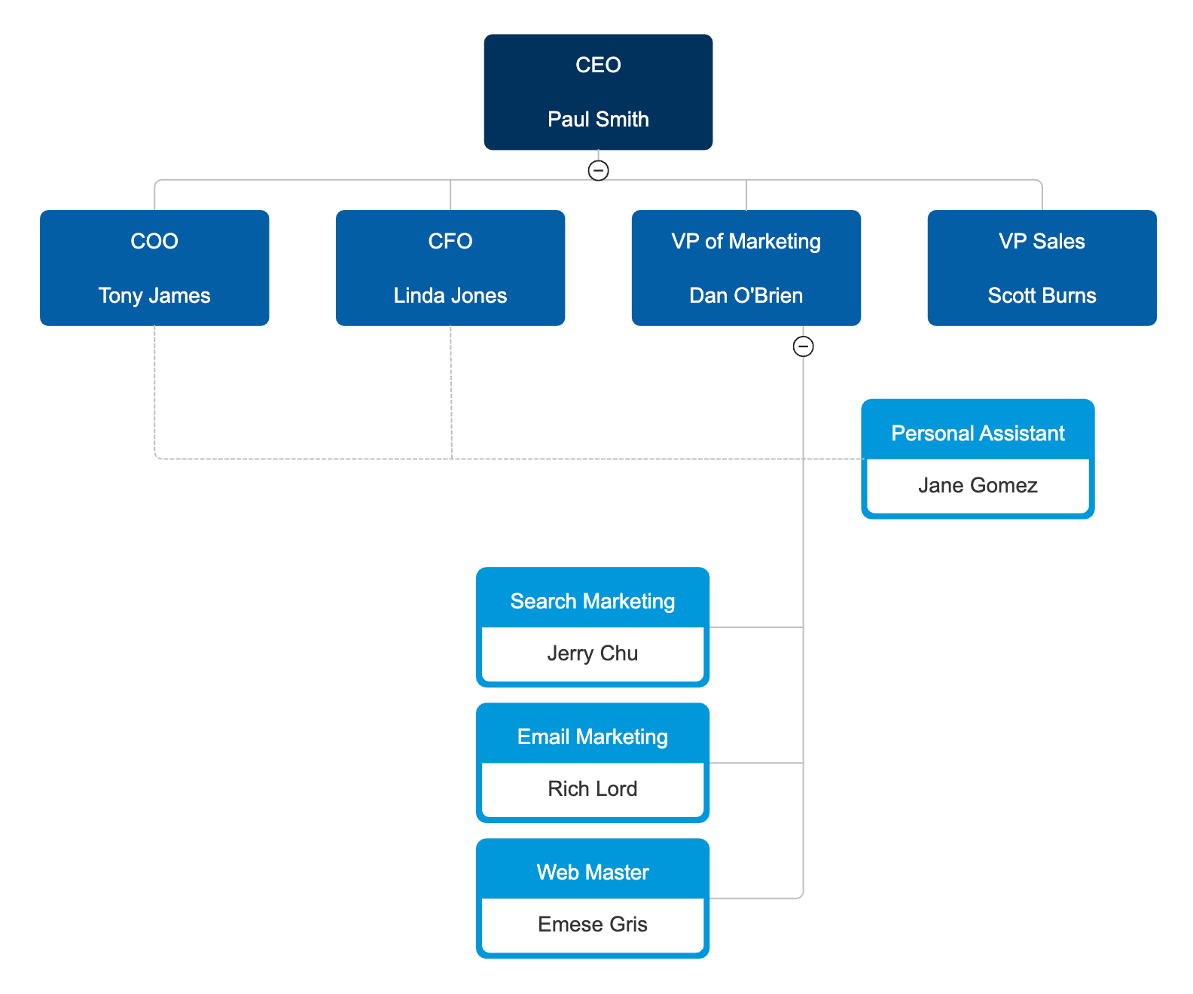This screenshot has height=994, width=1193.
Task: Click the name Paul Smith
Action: (x=598, y=119)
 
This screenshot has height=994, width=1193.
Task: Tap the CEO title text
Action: (x=598, y=65)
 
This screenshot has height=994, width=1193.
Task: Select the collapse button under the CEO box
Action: (x=598, y=170)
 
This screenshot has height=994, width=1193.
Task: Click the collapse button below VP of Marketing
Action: (x=804, y=346)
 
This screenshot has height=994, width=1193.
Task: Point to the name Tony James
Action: (x=154, y=295)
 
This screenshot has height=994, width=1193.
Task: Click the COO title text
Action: (x=154, y=241)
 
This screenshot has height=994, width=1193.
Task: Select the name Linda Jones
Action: (x=450, y=295)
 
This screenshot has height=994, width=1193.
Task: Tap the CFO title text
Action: (x=450, y=241)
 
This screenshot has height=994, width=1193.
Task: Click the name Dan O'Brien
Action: (x=746, y=295)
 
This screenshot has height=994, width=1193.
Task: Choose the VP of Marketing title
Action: (x=746, y=241)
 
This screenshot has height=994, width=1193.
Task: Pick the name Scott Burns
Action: (x=1042, y=295)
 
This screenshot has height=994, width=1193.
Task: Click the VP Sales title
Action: (x=1042, y=241)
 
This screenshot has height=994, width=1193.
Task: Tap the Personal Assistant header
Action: (x=978, y=433)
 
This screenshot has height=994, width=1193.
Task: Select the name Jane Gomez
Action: (x=978, y=485)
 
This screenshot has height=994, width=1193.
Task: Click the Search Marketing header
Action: (x=593, y=601)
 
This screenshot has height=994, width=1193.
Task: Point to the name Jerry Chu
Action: (x=593, y=653)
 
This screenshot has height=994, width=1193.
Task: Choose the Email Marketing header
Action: (x=593, y=736)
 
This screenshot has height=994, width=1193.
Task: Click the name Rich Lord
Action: (x=593, y=788)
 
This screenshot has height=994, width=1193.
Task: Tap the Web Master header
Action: (x=593, y=872)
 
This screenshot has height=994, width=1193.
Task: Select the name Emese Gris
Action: (x=593, y=924)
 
